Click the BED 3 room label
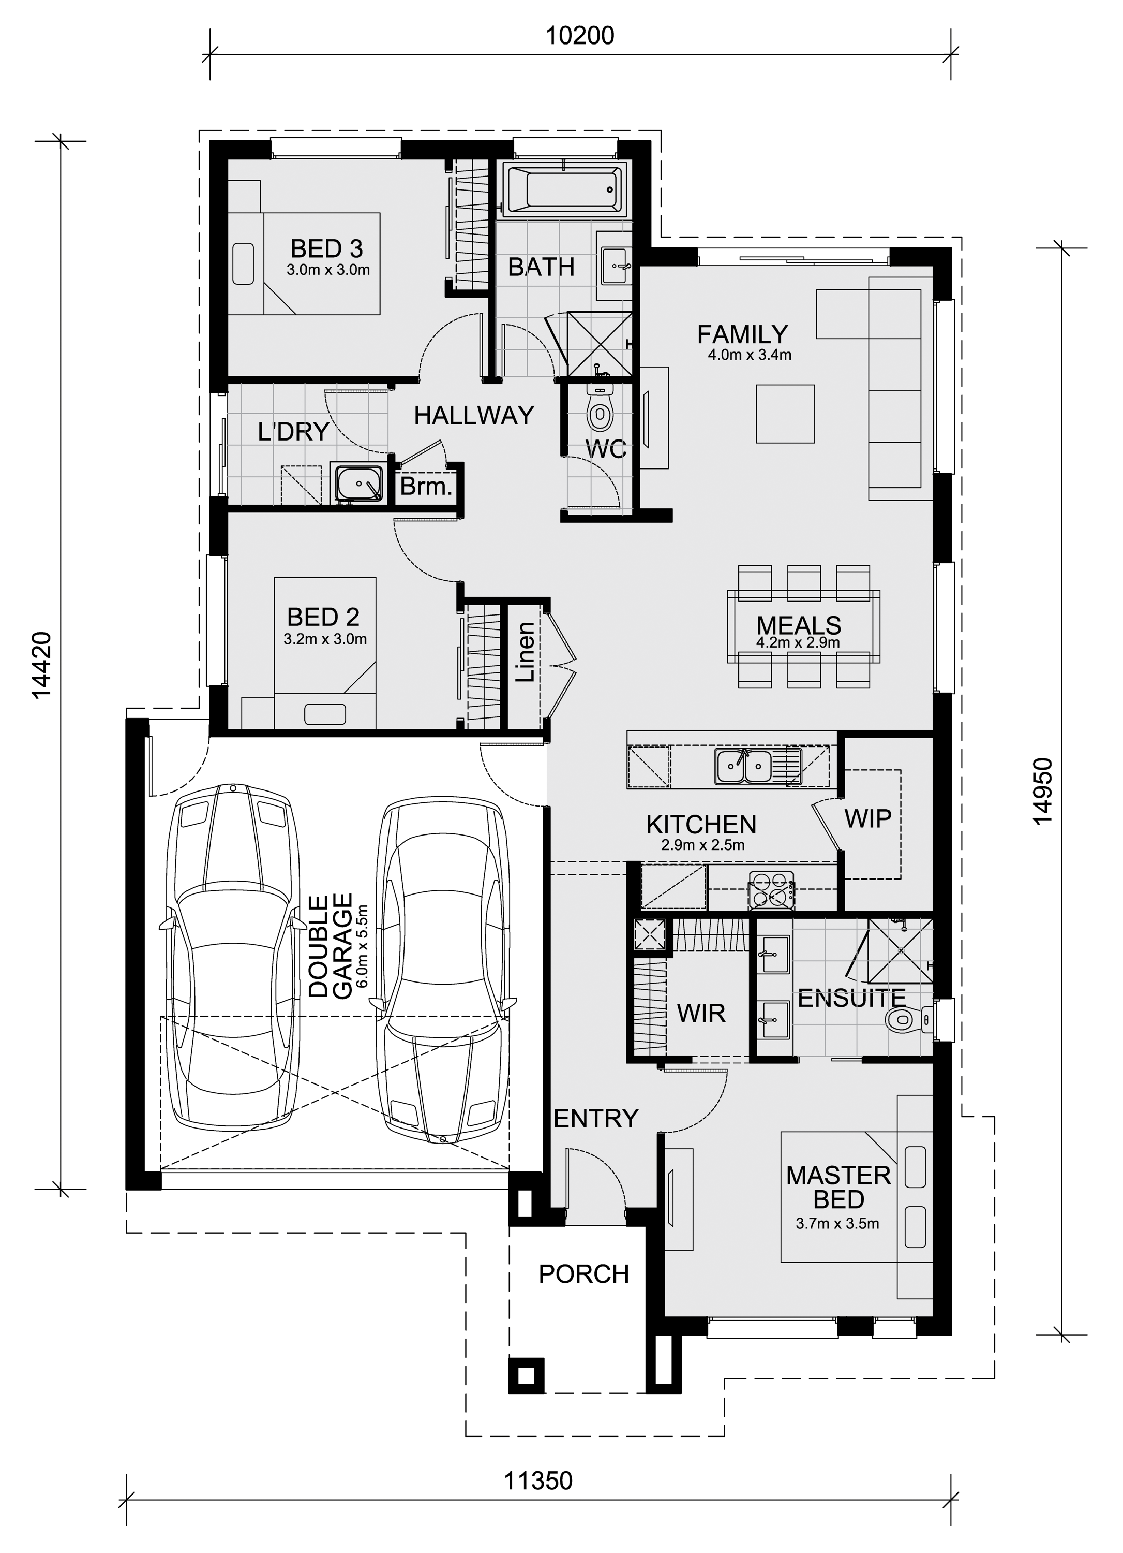pyautogui.click(x=326, y=248)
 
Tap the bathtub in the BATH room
pyautogui.click(x=564, y=189)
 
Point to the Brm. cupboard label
pyautogui.click(x=426, y=487)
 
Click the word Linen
pyautogui.click(x=525, y=651)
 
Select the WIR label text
pyautogui.click(x=701, y=1013)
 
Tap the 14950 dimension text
pyautogui.click(x=1042, y=791)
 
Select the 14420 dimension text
pyautogui.click(x=42, y=665)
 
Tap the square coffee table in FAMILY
pyautogui.click(x=785, y=413)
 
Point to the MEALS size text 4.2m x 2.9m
pyautogui.click(x=798, y=642)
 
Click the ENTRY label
pyautogui.click(x=595, y=1118)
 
